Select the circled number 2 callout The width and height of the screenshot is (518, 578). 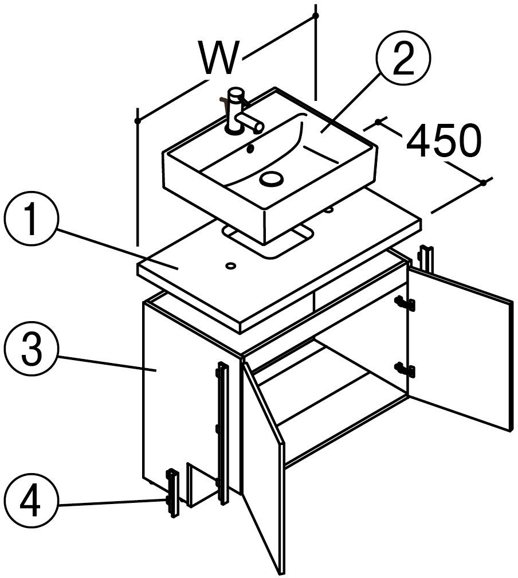403,58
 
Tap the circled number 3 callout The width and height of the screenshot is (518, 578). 32,349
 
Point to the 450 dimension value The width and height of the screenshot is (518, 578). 444,140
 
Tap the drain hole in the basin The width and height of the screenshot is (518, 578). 272,179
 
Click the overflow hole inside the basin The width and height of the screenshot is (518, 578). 250,149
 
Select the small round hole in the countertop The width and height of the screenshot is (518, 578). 231,265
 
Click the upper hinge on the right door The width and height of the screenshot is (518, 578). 405,303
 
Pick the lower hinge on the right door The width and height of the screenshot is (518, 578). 405,369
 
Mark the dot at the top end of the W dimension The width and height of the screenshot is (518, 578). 315,15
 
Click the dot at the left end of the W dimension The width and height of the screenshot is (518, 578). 138,120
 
